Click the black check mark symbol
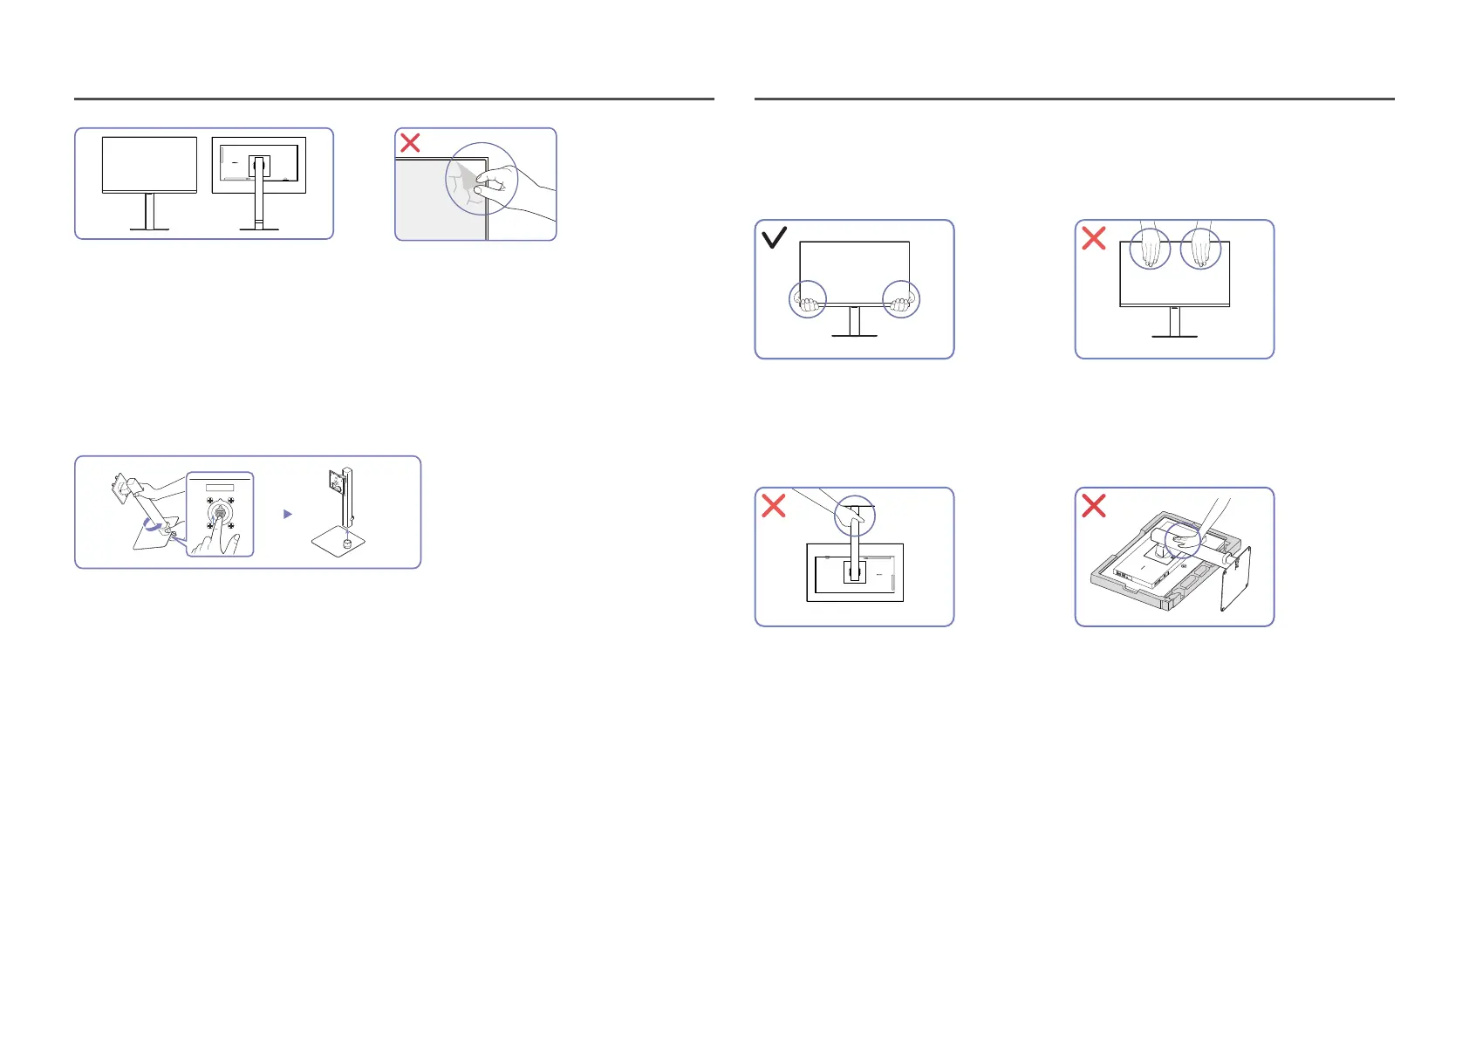(x=775, y=237)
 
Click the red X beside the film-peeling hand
(x=410, y=142)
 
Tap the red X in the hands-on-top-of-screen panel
(x=1094, y=237)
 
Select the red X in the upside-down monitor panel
(x=774, y=505)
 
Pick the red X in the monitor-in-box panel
(x=1094, y=505)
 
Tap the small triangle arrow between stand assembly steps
(x=288, y=515)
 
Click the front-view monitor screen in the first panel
(x=149, y=163)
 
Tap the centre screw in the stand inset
(x=220, y=513)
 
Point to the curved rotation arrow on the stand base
(x=154, y=526)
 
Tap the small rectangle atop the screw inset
(x=220, y=487)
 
